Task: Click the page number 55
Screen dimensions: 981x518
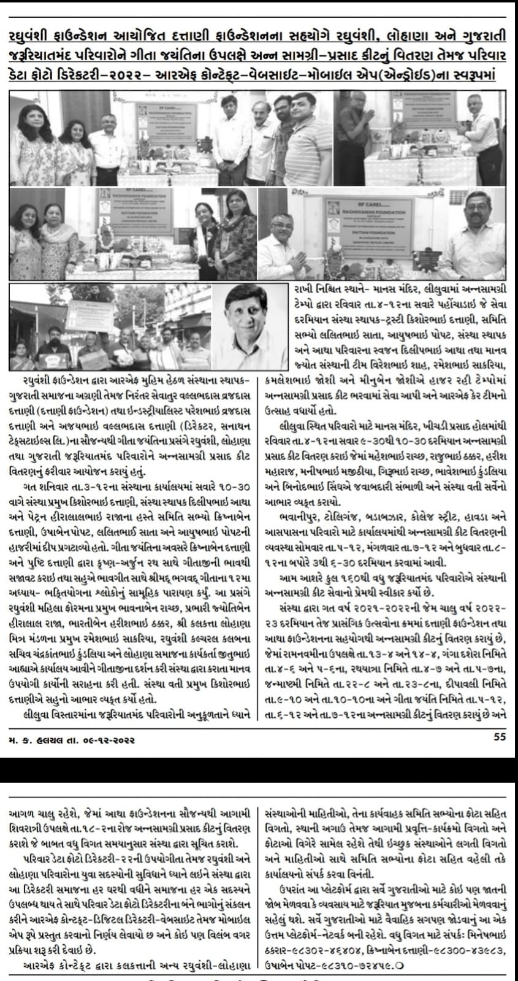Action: pyautogui.click(x=499, y=737)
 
